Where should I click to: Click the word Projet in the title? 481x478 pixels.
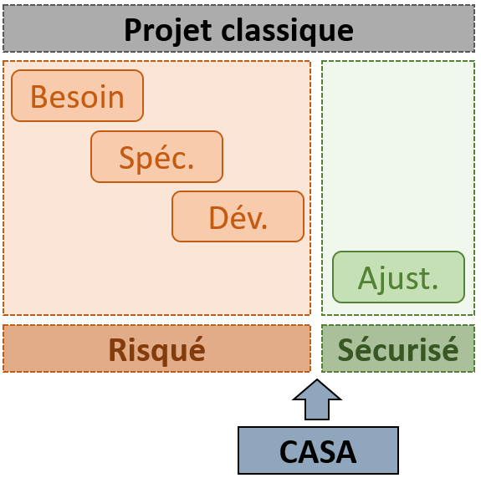pyautogui.click(x=168, y=31)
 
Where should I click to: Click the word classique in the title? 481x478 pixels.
pyautogui.click(x=287, y=31)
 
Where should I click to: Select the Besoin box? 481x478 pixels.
pyautogui.click(x=77, y=96)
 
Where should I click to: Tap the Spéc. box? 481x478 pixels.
pyautogui.click(x=156, y=156)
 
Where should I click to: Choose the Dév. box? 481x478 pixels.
pyautogui.click(x=238, y=216)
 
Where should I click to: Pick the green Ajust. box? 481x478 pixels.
pyautogui.click(x=398, y=277)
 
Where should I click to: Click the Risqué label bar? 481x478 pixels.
pyautogui.click(x=156, y=348)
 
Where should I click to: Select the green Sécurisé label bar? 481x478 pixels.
pyautogui.click(x=398, y=348)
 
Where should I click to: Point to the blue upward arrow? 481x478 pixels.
pyautogui.click(x=317, y=399)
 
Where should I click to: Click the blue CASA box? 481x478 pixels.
pyautogui.click(x=318, y=450)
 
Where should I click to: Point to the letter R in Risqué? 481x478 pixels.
pyautogui.click(x=117, y=350)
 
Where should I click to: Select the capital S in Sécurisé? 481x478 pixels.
pyautogui.click(x=346, y=349)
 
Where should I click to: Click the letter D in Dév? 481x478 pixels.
pyautogui.click(x=217, y=217)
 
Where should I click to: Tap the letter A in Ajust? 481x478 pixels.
pyautogui.click(x=367, y=278)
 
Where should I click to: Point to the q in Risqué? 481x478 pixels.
pyautogui.click(x=157, y=354)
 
